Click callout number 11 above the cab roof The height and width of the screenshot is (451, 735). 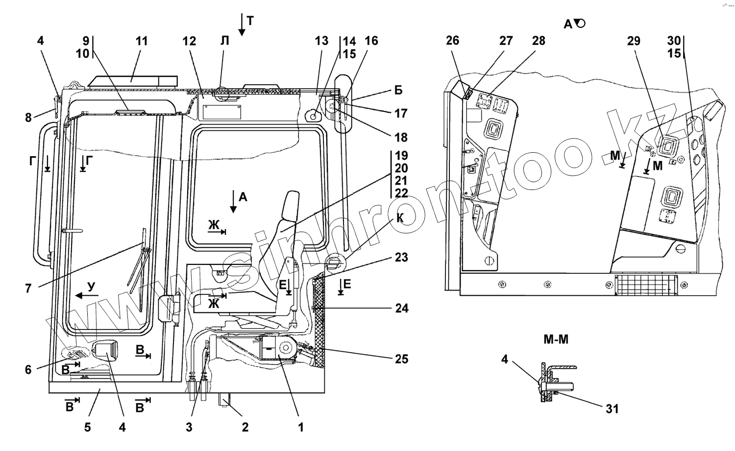tap(142, 41)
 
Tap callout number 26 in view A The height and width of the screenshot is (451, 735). tap(452, 40)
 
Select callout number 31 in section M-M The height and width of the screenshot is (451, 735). tap(612, 409)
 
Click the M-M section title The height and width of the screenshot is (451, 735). tap(556, 339)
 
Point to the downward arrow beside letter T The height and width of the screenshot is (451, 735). tap(242, 24)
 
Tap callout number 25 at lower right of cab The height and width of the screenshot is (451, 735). tap(401, 359)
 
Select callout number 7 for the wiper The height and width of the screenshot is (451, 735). tap(28, 288)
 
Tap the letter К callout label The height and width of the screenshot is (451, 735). tap(400, 218)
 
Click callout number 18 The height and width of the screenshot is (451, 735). tap(401, 138)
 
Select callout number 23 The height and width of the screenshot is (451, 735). tap(401, 257)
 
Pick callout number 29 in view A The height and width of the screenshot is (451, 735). tap(634, 41)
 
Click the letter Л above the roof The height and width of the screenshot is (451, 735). tap(224, 41)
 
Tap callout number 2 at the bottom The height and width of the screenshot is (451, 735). tap(245, 427)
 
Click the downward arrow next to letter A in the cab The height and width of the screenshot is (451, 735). tap(233, 201)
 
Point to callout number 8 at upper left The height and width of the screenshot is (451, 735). tap(28, 117)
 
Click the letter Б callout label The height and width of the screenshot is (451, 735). tap(398, 90)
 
